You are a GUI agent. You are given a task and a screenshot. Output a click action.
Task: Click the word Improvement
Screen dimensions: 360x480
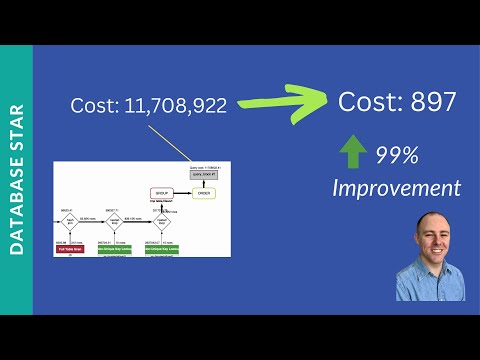click(x=397, y=187)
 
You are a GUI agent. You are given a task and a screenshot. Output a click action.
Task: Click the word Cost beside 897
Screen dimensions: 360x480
click(x=369, y=101)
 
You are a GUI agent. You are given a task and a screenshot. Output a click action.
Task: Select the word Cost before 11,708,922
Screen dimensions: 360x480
click(x=95, y=105)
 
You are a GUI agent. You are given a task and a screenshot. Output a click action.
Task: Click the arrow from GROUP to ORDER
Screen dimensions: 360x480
click(x=184, y=191)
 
